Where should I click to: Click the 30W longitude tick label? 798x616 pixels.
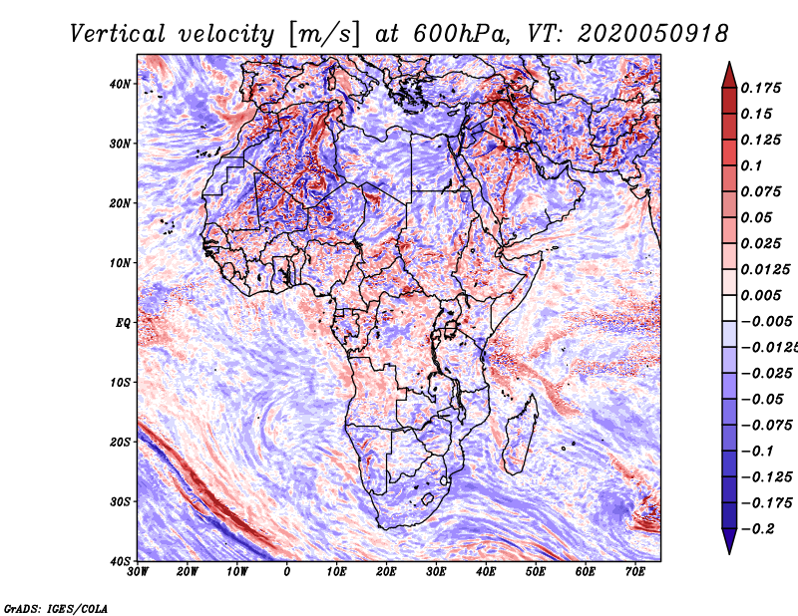coord(138,572)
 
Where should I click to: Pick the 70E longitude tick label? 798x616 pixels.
coord(635,572)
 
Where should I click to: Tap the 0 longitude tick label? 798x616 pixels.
coord(287,572)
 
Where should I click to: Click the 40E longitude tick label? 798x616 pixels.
coord(486,572)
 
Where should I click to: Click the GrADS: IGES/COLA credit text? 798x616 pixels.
coord(56,607)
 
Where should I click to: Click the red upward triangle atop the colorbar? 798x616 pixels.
coord(729,73)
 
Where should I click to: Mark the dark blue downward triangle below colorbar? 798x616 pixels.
coord(729,541)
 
